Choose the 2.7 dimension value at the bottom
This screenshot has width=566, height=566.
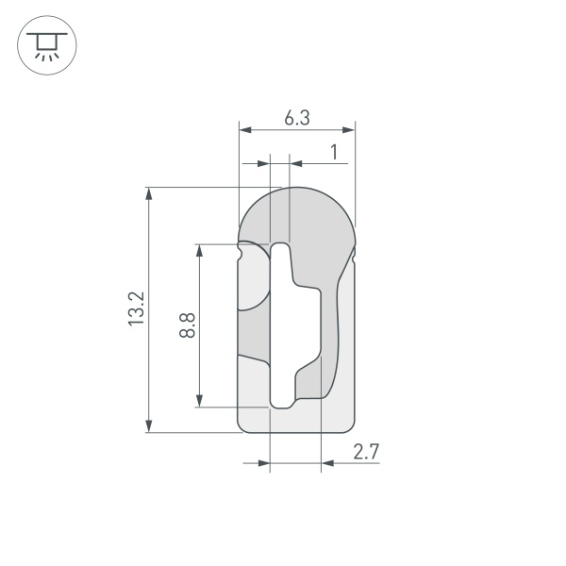pos(366,453)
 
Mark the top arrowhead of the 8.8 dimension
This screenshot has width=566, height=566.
pos(199,250)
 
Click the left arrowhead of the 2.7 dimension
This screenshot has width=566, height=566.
pos(264,463)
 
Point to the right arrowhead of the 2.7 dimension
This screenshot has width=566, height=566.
pos(327,463)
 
